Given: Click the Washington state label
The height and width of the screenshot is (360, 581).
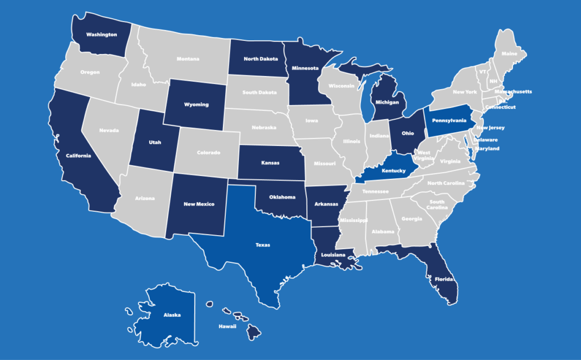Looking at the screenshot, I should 102,35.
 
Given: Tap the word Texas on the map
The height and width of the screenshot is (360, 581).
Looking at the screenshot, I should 263,245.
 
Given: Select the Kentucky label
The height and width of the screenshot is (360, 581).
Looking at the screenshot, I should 393,171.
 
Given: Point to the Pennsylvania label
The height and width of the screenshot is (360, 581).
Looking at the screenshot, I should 449,120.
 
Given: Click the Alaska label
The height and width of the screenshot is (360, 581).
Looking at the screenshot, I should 172,315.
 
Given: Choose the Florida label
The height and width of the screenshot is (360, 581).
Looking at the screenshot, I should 444,280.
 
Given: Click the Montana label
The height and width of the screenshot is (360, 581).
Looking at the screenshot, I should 188,59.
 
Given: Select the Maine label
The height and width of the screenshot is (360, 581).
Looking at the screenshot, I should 509,55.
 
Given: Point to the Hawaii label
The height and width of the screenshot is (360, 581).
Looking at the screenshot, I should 227,327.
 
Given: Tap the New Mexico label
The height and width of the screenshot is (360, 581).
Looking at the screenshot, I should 199,204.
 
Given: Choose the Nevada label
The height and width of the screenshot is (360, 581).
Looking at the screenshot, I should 109,130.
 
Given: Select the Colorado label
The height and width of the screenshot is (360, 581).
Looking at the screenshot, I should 208,152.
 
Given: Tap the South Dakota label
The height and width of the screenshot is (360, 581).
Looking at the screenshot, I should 260,93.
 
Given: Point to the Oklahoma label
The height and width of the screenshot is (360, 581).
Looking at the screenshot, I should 282,198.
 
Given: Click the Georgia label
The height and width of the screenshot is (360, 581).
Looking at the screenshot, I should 411,219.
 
